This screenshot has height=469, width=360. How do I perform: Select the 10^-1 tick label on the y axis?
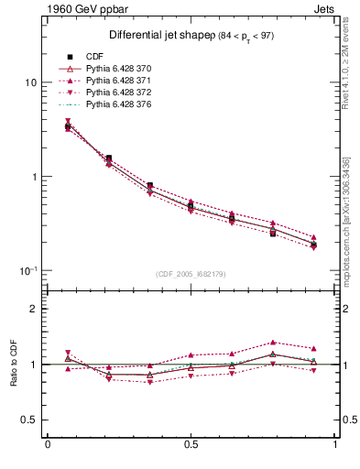click(28, 270)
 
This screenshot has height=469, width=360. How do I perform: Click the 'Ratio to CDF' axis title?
click(11, 365)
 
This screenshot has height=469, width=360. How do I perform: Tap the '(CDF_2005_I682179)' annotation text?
click(191, 274)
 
